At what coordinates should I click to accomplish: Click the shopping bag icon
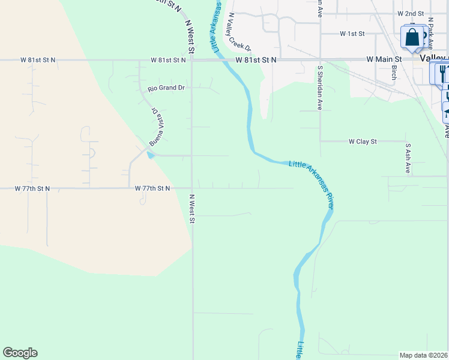412,37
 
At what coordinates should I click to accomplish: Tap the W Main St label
385,59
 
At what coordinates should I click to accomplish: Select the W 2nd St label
411,13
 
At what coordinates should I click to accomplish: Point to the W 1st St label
352,34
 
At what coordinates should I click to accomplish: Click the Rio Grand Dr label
166,88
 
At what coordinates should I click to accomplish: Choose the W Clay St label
363,142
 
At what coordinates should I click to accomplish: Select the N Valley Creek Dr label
238,32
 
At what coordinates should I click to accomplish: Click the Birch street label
394,73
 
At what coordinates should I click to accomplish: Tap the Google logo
20,353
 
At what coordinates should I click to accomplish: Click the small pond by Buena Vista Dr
149,155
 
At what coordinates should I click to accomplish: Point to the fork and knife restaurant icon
442,73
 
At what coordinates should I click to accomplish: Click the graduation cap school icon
446,111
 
